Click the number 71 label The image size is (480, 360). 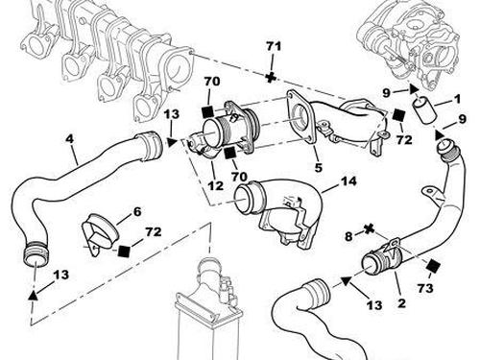(x=274, y=46)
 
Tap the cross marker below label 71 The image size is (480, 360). (x=271, y=78)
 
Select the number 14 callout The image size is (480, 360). (x=348, y=181)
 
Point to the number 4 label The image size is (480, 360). (x=69, y=139)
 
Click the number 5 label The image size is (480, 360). (x=318, y=167)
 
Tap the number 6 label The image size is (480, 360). (x=137, y=211)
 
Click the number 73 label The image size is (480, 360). (x=425, y=288)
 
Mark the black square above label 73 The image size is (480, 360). (x=433, y=266)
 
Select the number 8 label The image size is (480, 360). (x=348, y=236)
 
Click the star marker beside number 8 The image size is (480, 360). (x=370, y=228)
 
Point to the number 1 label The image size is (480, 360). (x=457, y=99)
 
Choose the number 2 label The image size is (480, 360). (x=401, y=302)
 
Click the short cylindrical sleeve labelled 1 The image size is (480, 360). (x=424, y=111)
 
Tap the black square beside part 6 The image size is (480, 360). (x=123, y=251)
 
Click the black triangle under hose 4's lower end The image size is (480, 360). (x=33, y=295)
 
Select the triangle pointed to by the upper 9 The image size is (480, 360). (x=415, y=89)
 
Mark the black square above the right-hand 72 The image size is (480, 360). (x=398, y=115)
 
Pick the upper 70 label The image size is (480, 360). (x=212, y=82)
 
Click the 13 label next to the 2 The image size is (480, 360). (x=374, y=305)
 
